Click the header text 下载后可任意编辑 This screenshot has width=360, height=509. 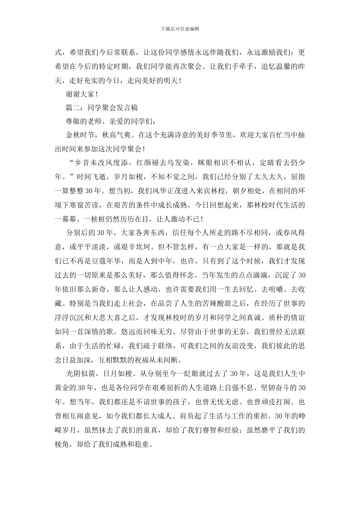(x=180, y=29)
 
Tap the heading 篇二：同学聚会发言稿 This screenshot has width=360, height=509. (x=102, y=108)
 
